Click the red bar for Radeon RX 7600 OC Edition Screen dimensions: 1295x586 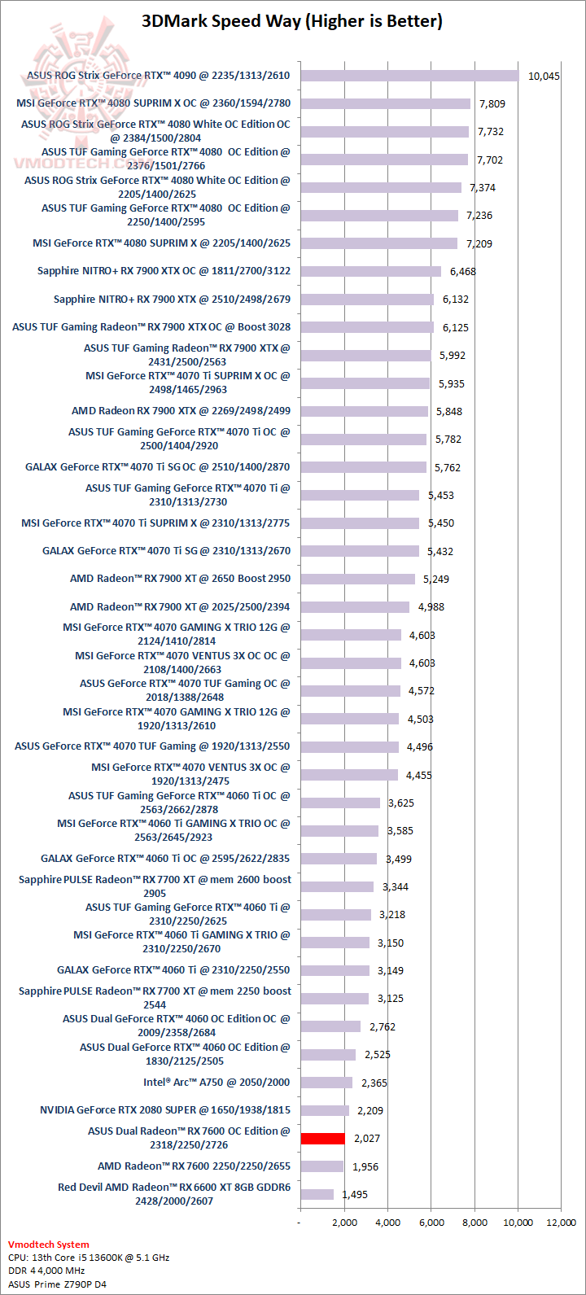point(322,1138)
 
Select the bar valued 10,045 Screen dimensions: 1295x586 point(409,76)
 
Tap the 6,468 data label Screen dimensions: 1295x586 point(462,271)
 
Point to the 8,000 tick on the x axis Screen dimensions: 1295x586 point(474,1222)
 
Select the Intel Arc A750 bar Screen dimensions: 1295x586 point(326,1083)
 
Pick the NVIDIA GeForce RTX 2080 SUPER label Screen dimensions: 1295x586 point(165,1109)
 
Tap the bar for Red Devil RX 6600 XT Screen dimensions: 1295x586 point(317,1194)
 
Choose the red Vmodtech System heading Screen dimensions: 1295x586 point(49,1245)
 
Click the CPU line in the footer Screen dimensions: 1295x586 point(89,1258)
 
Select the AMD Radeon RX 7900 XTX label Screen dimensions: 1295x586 point(181,411)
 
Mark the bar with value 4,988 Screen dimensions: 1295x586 point(355,606)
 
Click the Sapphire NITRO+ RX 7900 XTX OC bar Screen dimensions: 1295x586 point(370,271)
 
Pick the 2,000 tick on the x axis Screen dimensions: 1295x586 point(344,1222)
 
